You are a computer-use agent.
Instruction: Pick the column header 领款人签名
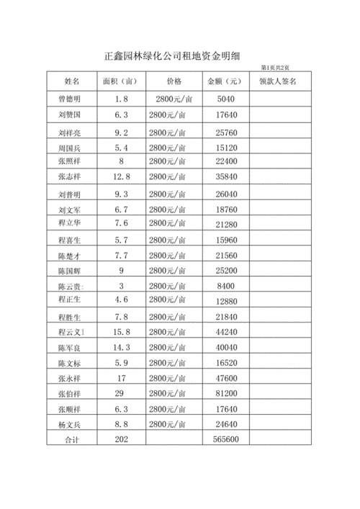[x=278, y=81]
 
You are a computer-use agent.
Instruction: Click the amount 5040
[x=225, y=99]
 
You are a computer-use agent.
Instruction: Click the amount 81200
[x=225, y=393]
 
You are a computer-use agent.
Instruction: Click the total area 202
[x=120, y=438]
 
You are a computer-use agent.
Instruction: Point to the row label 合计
[x=71, y=439]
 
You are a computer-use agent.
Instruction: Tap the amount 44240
[x=225, y=332]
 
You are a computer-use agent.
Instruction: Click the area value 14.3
[x=121, y=347]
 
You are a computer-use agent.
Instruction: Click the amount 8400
[x=225, y=286]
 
